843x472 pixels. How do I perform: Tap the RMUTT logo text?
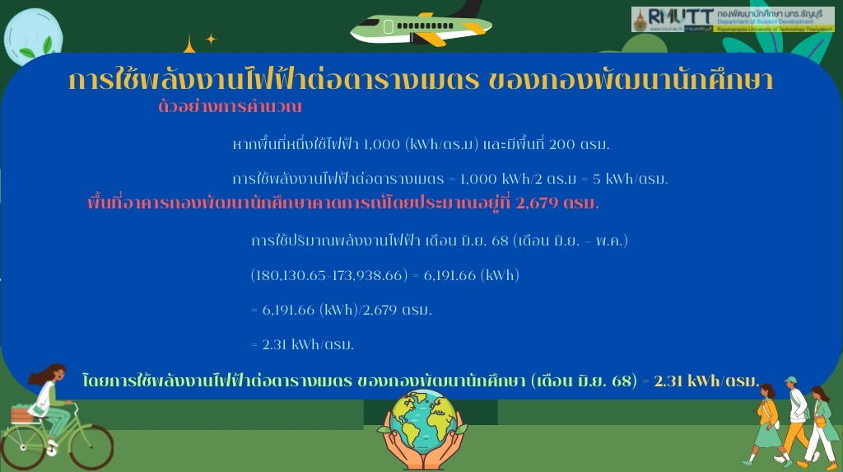coord(680,16)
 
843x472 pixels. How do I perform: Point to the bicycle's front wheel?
coord(91,446)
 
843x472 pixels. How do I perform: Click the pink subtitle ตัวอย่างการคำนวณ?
coord(230,106)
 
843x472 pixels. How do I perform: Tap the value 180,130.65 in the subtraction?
coord(291,275)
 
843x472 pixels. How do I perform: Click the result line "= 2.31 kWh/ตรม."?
coord(302,344)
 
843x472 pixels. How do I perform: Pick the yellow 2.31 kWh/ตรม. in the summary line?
coord(706,381)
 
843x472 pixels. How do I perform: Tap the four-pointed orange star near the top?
coord(211,39)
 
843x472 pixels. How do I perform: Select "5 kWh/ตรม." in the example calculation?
coord(630,179)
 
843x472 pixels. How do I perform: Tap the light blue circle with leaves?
coord(33,36)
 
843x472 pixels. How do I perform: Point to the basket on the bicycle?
coord(21,415)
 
